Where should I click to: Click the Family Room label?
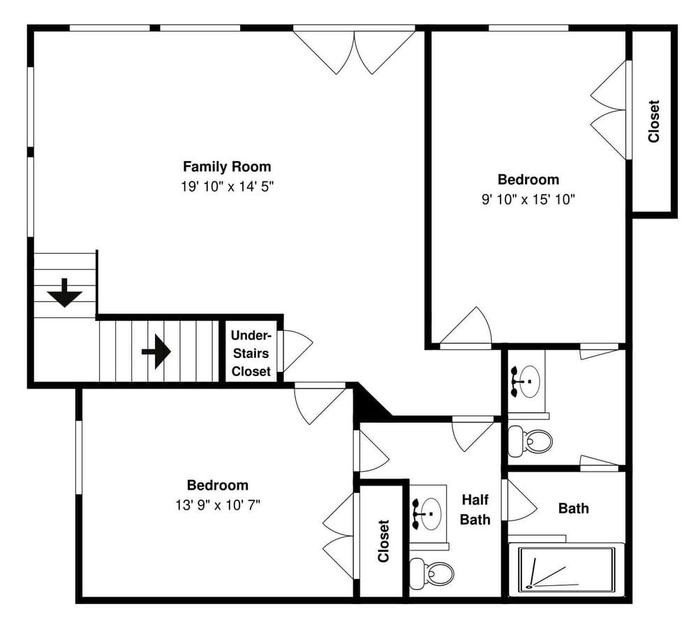(227, 167)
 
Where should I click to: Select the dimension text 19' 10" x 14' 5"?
(227, 186)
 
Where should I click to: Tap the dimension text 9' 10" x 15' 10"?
(528, 199)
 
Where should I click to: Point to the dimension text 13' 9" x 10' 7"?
(218, 505)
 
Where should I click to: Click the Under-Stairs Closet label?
(251, 353)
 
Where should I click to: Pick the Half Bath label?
(475, 509)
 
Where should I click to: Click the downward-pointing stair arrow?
(65, 293)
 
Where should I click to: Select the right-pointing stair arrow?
(156, 352)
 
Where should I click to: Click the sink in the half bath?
(427, 514)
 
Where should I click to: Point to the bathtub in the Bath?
(566, 569)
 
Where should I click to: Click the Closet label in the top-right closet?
(653, 121)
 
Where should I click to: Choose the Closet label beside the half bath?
(383, 541)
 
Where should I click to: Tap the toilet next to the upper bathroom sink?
(530, 440)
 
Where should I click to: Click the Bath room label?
(573, 508)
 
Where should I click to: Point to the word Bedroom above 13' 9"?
(218, 485)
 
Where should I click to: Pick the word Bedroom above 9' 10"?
(528, 179)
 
